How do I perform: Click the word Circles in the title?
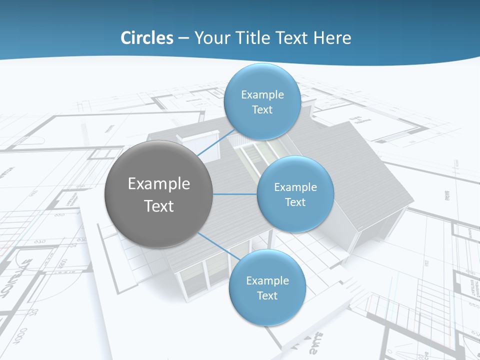point(146,38)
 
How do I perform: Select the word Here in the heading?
point(332,38)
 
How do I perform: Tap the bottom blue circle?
point(267,310)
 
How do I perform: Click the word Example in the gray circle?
point(159,184)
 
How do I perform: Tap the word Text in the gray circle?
point(159,206)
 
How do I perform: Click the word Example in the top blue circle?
point(262,95)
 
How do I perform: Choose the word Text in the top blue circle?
point(262,110)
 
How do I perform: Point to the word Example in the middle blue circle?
point(295,187)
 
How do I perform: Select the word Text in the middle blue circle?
point(295,202)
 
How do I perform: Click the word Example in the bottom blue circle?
point(267,281)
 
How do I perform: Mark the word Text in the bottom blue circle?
point(267,296)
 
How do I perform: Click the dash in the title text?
point(183,38)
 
